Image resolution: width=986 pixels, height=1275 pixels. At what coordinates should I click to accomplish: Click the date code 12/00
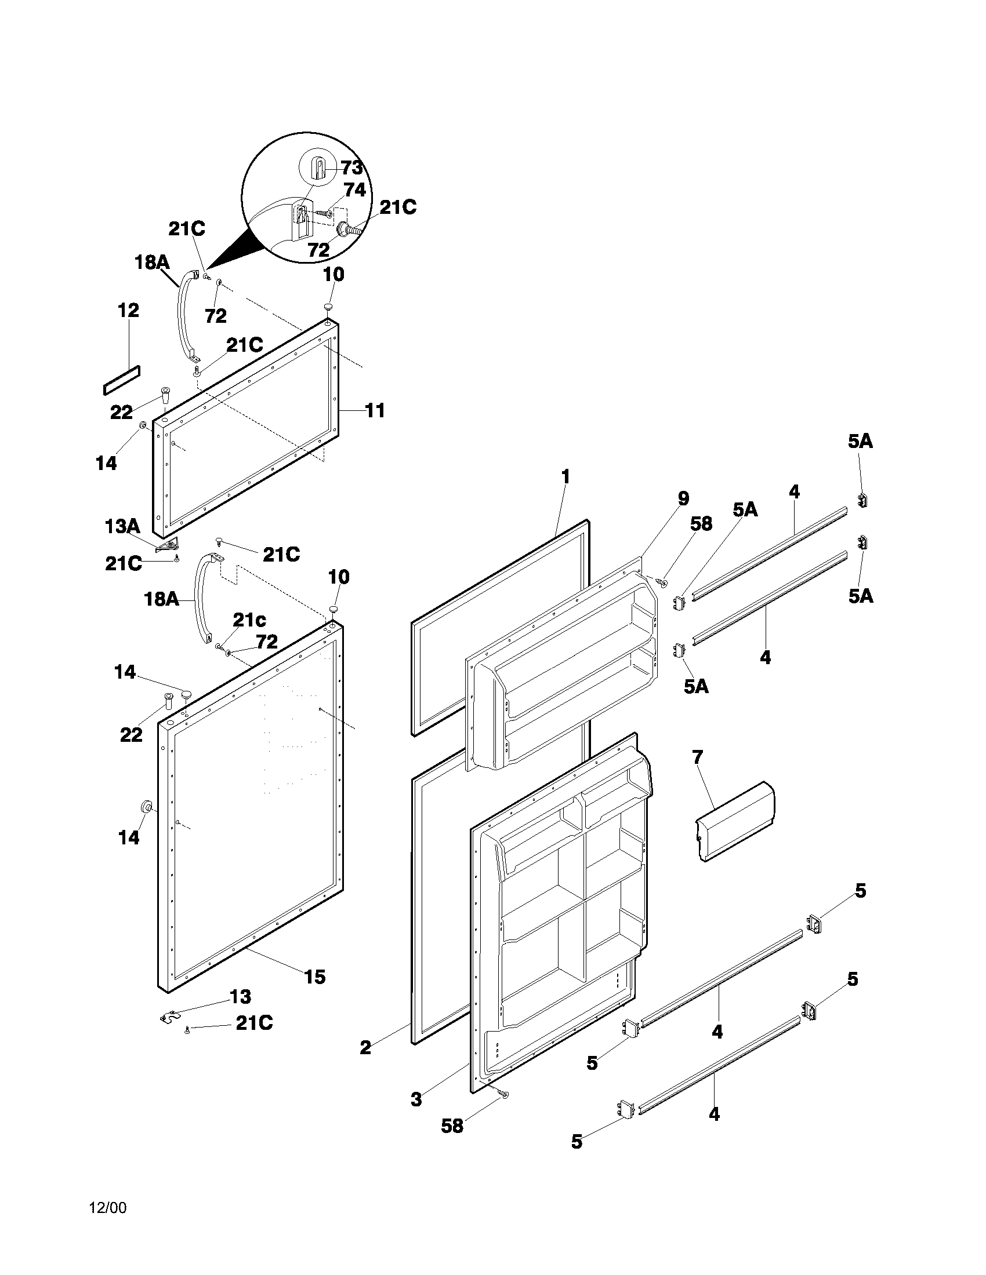pos(107,1204)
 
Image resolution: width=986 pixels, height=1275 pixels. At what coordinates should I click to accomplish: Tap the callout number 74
pos(354,190)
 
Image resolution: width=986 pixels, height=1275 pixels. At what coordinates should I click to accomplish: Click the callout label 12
pos(128,310)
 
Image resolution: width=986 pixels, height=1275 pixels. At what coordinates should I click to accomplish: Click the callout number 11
pos(375,410)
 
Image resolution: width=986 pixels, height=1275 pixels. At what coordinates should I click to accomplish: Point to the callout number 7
pos(697,757)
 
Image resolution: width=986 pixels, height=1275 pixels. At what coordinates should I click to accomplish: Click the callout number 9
pos(683,498)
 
